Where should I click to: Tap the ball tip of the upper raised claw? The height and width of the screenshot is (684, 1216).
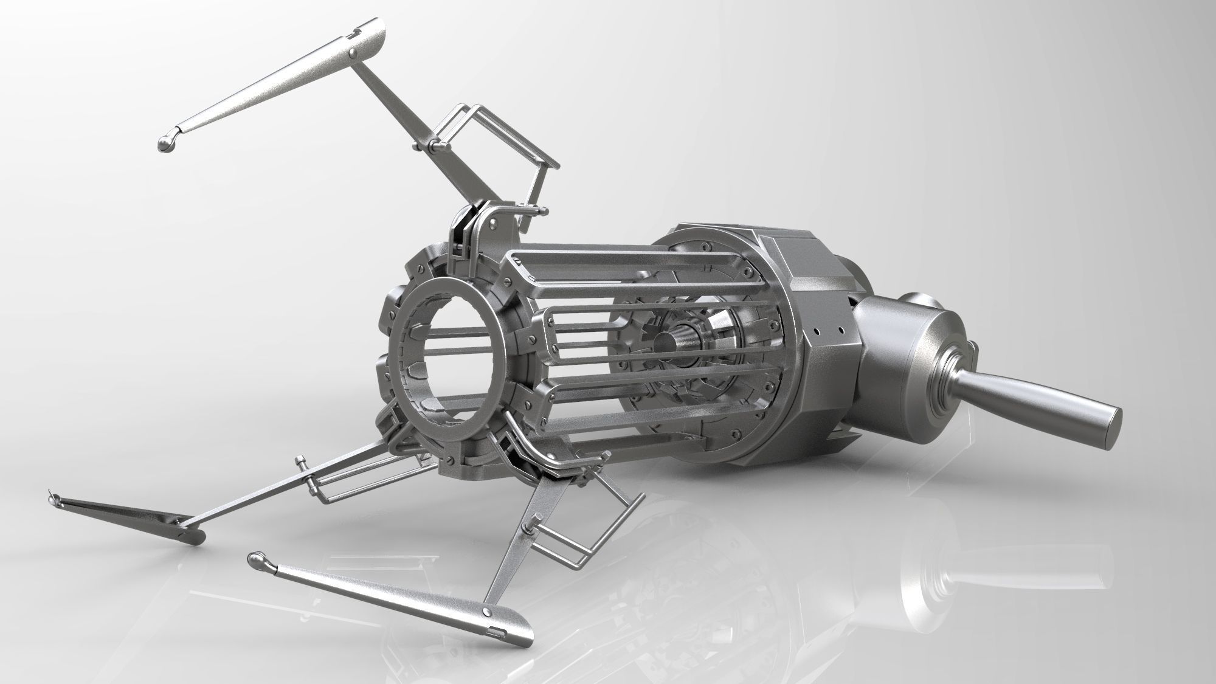[165, 143]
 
